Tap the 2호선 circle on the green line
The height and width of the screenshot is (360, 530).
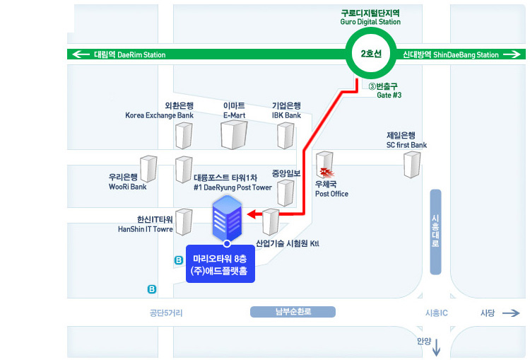pyautogui.click(x=371, y=54)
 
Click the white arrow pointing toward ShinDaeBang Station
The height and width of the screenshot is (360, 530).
pyautogui.click(x=512, y=54)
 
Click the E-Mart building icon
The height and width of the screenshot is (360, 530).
pyautogui.click(x=234, y=134)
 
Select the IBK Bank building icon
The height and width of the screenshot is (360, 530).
pyautogui.click(x=285, y=135)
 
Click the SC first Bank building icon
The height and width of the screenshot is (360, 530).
pyautogui.click(x=412, y=164)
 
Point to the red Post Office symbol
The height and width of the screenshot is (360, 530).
pyautogui.click(x=327, y=173)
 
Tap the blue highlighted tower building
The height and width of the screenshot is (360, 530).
pyautogui.click(x=227, y=219)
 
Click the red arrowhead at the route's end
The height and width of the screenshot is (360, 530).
pyautogui.click(x=252, y=214)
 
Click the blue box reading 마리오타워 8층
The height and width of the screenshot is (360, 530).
pyautogui.click(x=220, y=264)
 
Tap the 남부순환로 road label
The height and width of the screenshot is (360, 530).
pyautogui.click(x=293, y=312)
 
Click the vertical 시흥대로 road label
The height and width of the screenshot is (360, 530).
pyautogui.click(x=435, y=232)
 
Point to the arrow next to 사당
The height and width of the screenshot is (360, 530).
pyautogui.click(x=511, y=313)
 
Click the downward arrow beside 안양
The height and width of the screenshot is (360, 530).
pyautogui.click(x=437, y=347)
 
